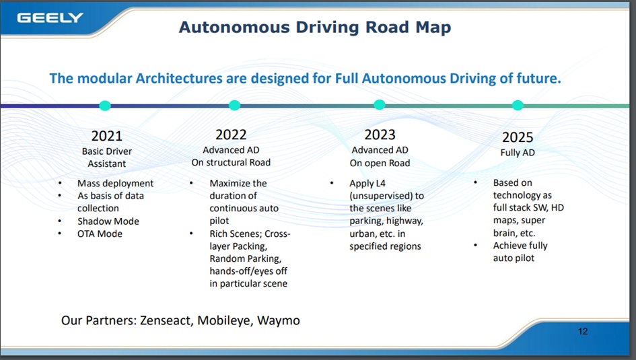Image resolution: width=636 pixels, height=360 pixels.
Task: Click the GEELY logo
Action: (50, 18)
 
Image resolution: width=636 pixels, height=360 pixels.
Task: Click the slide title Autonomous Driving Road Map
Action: (315, 27)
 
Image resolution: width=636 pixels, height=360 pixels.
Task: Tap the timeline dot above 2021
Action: (105, 106)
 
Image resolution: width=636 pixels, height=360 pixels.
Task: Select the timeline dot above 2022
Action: (234, 105)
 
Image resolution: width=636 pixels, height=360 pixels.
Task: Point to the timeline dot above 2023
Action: (380, 104)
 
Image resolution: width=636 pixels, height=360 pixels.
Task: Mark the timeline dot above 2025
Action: (518, 105)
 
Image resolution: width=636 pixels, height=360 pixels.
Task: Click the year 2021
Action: (107, 136)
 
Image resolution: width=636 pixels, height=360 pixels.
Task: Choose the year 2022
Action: (231, 135)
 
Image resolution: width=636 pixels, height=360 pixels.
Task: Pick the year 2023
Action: (380, 135)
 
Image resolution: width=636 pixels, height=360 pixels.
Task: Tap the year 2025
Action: (518, 137)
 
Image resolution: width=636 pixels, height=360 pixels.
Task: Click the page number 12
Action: (583, 332)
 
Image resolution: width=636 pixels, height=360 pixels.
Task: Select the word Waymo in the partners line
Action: (278, 320)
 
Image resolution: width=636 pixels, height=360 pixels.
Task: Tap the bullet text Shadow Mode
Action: (108, 221)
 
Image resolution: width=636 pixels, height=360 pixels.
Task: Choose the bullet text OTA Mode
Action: (100, 234)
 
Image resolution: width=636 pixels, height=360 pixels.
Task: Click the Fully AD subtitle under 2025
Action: (518, 153)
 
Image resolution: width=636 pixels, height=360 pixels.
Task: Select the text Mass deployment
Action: (116, 184)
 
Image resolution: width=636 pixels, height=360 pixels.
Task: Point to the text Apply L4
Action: (367, 184)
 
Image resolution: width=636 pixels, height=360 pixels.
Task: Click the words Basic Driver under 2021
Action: (107, 151)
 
